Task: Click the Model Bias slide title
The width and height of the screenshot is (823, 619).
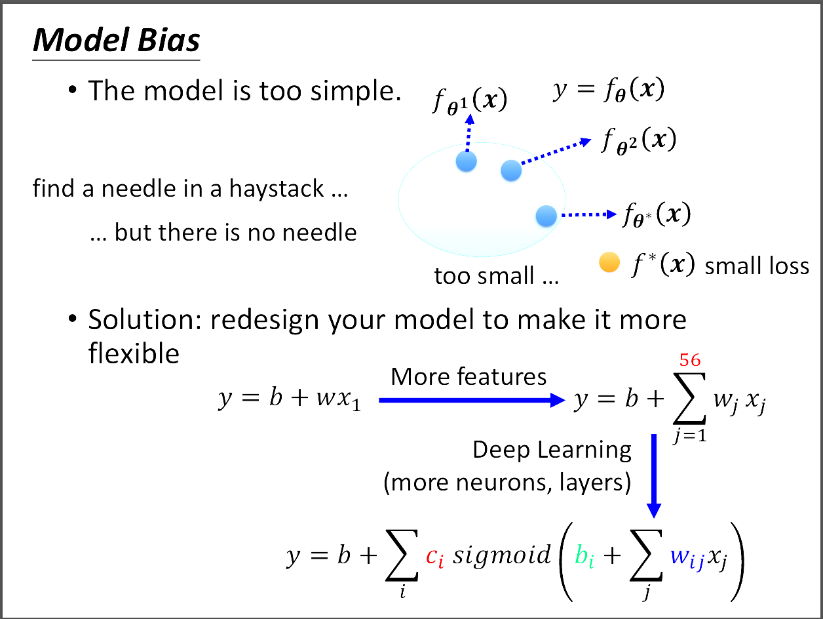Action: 116,41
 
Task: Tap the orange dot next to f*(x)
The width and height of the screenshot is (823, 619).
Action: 609,264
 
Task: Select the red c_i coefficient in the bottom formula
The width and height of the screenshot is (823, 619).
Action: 434,557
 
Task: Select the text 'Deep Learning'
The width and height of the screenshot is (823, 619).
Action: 552,450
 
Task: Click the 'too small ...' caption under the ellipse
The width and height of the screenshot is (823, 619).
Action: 496,276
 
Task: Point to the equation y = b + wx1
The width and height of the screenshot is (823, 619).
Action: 290,400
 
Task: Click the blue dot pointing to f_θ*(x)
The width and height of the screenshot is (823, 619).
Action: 546,215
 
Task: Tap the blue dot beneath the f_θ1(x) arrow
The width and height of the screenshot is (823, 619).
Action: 466,161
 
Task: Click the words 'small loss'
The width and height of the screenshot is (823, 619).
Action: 757,266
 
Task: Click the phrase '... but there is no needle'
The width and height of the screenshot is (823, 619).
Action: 223,232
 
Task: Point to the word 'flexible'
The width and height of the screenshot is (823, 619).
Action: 134,353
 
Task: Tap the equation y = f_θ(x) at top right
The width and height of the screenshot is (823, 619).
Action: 609,90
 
